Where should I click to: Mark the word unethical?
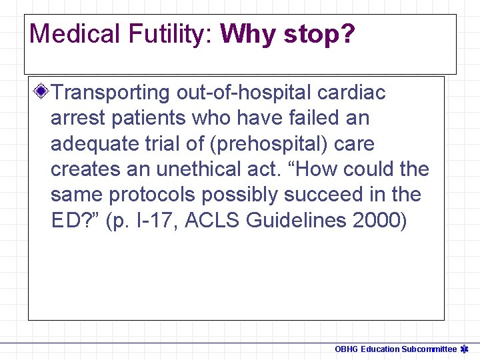tap(203, 169)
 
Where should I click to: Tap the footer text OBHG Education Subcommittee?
tap(395, 349)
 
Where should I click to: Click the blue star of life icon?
tap(466, 349)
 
